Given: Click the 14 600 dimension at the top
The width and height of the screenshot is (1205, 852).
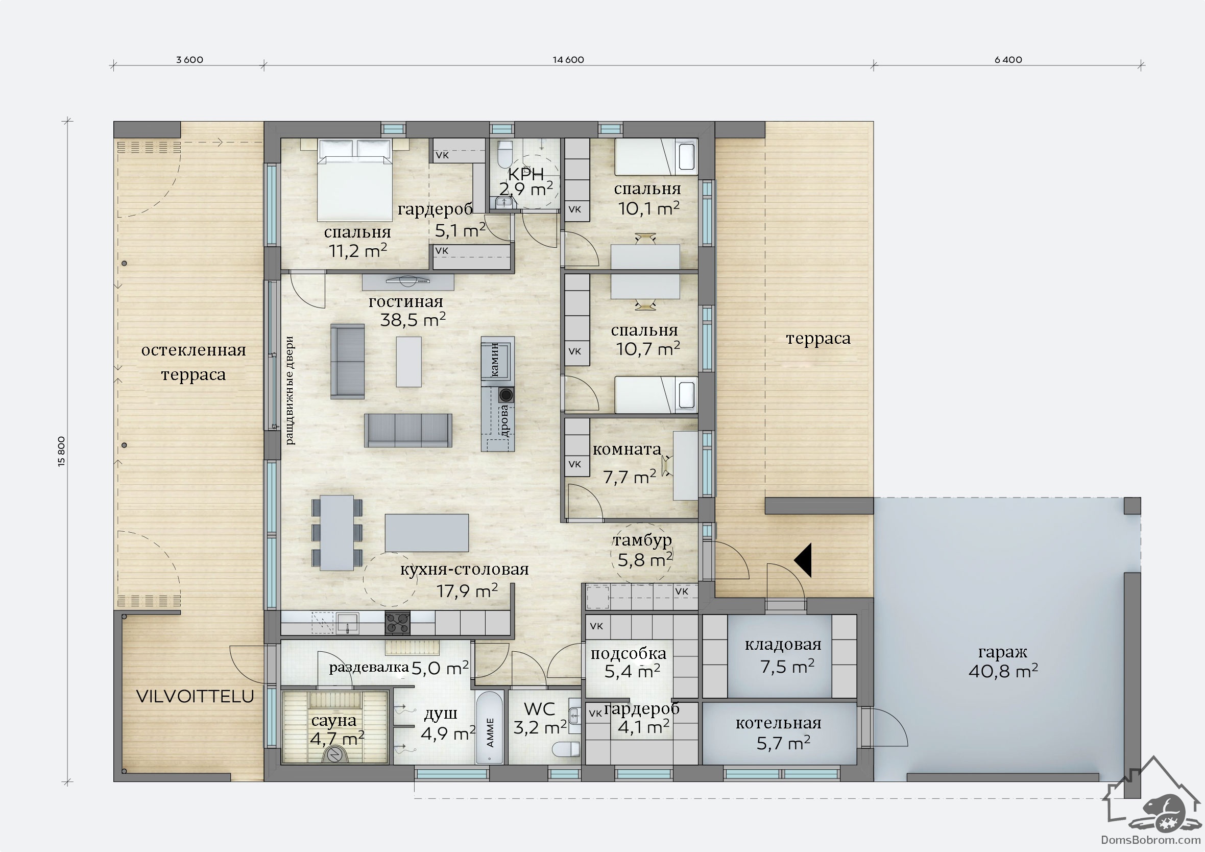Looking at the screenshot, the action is tap(568, 60).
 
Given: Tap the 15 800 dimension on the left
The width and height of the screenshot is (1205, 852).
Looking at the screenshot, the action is tap(62, 452).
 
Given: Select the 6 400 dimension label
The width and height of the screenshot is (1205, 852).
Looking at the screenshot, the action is tap(1008, 60).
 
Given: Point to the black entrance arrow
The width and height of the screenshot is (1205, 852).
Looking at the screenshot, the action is tap(804, 560).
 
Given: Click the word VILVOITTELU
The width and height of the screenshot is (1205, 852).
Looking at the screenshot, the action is tap(195, 696).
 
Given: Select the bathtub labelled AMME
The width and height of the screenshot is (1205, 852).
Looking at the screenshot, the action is tap(490, 727).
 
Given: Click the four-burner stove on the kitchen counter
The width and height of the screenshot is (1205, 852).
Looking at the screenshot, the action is tap(397, 623).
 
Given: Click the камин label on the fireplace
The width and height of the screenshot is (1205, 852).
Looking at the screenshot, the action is tap(494, 359).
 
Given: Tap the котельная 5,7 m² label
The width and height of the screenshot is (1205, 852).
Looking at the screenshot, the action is tap(779, 732).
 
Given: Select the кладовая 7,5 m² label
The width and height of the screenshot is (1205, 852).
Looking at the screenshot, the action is tap(783, 655).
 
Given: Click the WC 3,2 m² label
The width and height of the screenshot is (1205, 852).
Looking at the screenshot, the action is tap(540, 718).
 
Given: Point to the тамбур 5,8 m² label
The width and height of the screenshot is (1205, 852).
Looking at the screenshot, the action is tap(643, 550).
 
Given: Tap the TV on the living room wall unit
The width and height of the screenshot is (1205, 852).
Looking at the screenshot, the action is tap(408, 281).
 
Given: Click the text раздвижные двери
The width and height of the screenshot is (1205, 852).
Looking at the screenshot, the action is tap(290, 391).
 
